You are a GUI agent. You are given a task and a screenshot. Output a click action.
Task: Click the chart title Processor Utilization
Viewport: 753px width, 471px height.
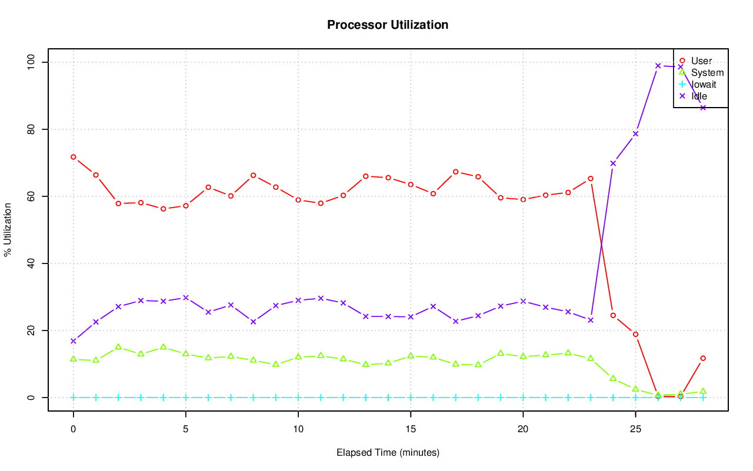388,25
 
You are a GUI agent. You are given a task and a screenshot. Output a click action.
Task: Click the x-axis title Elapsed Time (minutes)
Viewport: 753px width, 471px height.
388,453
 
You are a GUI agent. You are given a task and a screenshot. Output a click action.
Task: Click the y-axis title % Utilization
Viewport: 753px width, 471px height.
8,229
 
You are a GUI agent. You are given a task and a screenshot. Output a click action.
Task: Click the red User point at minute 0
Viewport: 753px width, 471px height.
73,157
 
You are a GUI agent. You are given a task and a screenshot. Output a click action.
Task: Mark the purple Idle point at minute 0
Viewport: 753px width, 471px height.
73,341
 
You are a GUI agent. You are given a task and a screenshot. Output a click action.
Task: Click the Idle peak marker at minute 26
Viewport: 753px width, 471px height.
658,65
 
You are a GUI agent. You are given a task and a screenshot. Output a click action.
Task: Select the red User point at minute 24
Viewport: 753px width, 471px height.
613,315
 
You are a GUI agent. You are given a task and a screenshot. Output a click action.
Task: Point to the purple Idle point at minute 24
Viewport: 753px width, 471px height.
613,163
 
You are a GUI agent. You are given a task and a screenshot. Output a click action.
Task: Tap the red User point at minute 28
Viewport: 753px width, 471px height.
703,358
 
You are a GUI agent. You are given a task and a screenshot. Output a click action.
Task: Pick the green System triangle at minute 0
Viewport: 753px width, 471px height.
73,359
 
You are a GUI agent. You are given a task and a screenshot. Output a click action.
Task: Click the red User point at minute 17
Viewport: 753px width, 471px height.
455,172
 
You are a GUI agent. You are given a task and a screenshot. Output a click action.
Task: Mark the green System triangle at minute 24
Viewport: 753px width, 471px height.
613,378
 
